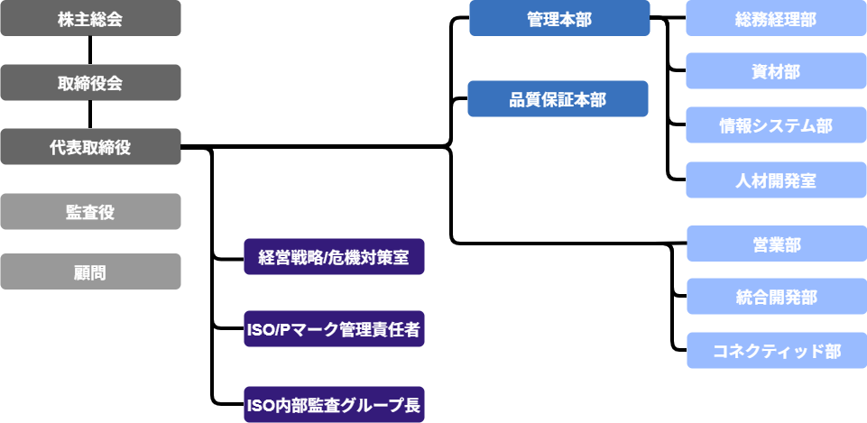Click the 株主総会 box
(90, 18)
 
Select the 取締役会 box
(90, 83)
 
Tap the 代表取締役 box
(90, 147)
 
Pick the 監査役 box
(90, 212)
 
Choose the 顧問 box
(90, 271)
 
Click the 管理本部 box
(559, 19)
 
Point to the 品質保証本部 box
(558, 99)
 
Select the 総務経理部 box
(776, 19)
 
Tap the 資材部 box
(776, 71)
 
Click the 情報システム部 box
(776, 125)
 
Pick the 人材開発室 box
(776, 180)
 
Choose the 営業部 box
(776, 244)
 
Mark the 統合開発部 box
(776, 297)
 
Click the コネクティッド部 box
(776, 351)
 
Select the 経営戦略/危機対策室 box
(334, 257)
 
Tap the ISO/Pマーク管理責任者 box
(334, 329)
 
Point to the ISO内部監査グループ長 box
(334, 405)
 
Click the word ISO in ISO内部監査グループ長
(261, 405)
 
